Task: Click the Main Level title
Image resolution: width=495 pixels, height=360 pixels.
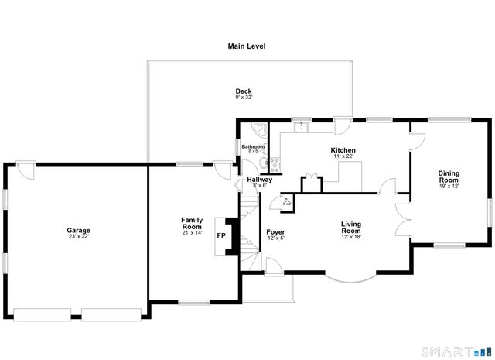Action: click(x=247, y=46)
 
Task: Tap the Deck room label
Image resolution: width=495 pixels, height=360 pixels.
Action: click(x=244, y=91)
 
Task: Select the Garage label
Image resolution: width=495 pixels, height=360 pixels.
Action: click(x=78, y=230)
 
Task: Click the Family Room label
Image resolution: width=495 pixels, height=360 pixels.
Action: click(x=192, y=223)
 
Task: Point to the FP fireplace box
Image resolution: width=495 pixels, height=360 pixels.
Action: click(x=221, y=235)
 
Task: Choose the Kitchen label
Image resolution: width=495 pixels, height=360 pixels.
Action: click(x=343, y=150)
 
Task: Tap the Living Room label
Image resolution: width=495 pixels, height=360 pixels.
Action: click(x=351, y=228)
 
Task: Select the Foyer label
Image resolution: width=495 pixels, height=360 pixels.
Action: click(x=275, y=232)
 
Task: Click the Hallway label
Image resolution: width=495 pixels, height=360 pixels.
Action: click(x=259, y=180)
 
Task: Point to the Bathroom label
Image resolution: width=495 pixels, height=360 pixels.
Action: click(x=253, y=146)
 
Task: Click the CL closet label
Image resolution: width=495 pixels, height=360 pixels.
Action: click(x=287, y=200)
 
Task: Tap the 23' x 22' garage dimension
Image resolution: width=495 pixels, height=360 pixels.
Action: click(x=78, y=236)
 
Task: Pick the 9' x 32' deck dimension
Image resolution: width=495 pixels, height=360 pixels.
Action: click(x=244, y=98)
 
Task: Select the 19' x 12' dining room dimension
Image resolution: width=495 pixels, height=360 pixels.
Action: click(x=449, y=186)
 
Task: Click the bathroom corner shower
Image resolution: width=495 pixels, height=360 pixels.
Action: click(x=261, y=129)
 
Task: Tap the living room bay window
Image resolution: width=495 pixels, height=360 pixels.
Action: click(x=350, y=276)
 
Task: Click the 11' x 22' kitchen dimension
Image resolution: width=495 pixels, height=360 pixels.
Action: click(x=343, y=156)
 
